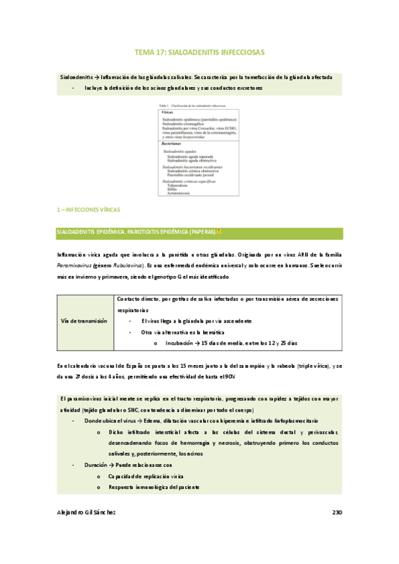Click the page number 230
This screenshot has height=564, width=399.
(x=336, y=512)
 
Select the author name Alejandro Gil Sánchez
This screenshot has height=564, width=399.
(x=87, y=512)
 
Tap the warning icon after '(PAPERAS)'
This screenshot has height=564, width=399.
(x=219, y=231)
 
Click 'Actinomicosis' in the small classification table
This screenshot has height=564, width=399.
(x=181, y=193)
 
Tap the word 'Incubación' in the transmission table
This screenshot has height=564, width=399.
(x=179, y=343)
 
